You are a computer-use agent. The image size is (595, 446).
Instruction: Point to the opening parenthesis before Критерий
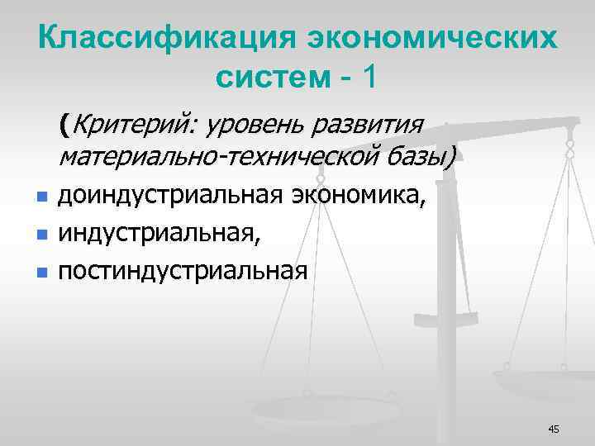coord(63,126)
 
